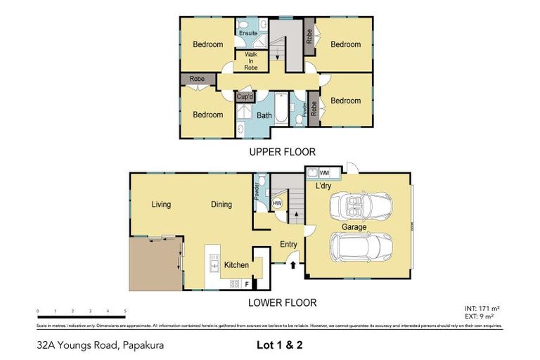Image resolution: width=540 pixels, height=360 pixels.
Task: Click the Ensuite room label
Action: coord(247,33)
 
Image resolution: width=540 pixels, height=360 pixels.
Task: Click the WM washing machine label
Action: coord(324,172)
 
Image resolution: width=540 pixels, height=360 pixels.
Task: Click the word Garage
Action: coord(354,227)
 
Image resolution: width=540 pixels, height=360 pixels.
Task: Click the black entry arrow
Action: coord(293,265)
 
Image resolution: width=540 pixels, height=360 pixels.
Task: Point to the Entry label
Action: coord(288,245)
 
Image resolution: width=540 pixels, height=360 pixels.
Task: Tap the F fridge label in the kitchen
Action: coord(246,284)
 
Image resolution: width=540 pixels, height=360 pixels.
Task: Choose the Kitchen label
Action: coord(236,265)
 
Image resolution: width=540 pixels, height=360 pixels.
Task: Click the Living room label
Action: coord(161,205)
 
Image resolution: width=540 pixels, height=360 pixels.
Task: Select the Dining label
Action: coord(221,205)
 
